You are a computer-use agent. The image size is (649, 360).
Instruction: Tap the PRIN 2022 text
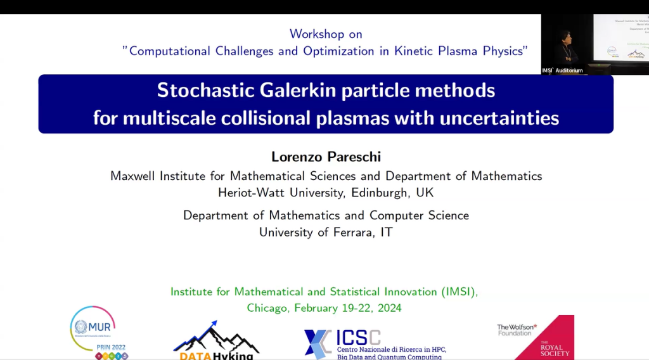(x=111, y=347)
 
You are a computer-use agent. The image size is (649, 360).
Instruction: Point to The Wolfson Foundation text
(x=517, y=330)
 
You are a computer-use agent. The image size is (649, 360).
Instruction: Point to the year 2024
(x=387, y=308)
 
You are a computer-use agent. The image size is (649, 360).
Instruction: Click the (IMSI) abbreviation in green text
(x=458, y=292)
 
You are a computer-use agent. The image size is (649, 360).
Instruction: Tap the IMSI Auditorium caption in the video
(x=562, y=70)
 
